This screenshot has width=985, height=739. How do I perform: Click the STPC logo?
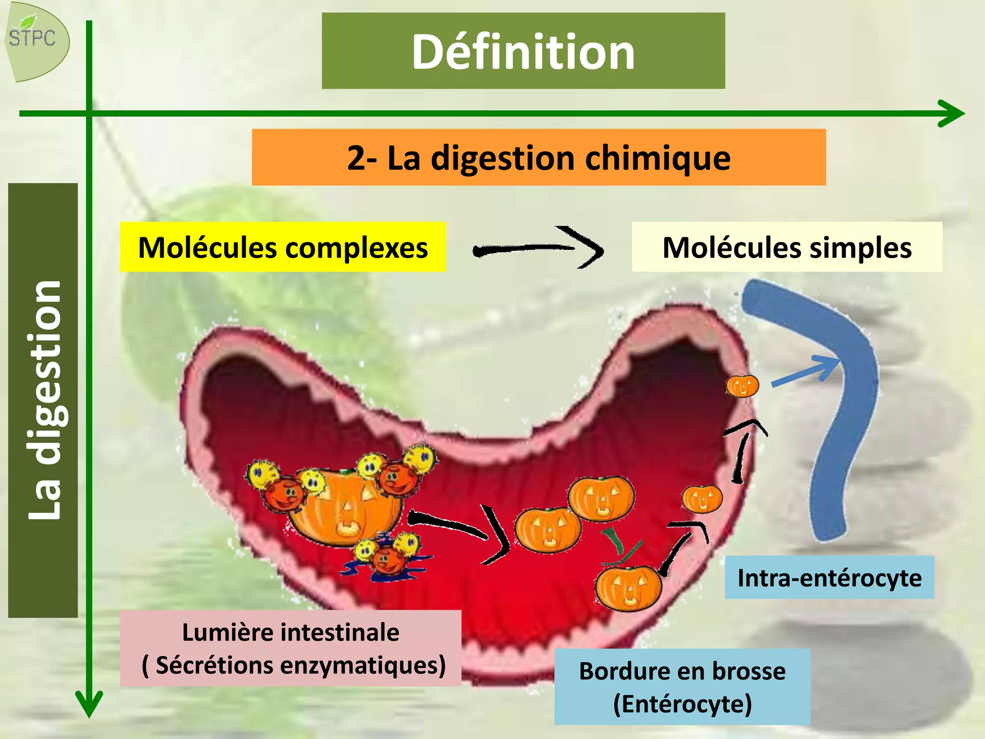[x=36, y=41]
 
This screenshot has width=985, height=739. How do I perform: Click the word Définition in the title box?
[x=523, y=51]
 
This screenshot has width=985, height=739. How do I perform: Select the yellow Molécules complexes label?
[x=283, y=247]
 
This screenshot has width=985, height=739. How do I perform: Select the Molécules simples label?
[x=787, y=247]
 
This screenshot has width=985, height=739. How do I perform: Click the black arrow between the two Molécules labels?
[x=539, y=248]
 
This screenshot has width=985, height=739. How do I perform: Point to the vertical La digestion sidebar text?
[x=44, y=399]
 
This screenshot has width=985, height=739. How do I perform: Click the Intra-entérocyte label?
[x=829, y=577]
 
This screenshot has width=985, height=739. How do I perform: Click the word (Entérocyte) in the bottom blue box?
[x=682, y=704]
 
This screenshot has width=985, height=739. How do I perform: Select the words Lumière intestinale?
[x=290, y=632]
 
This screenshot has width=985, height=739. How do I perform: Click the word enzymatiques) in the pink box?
[x=363, y=665]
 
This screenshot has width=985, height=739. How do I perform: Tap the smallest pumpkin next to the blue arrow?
[x=742, y=386]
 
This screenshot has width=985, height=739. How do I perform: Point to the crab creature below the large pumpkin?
[x=386, y=557]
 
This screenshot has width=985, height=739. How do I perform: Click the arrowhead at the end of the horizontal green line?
[x=952, y=114]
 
